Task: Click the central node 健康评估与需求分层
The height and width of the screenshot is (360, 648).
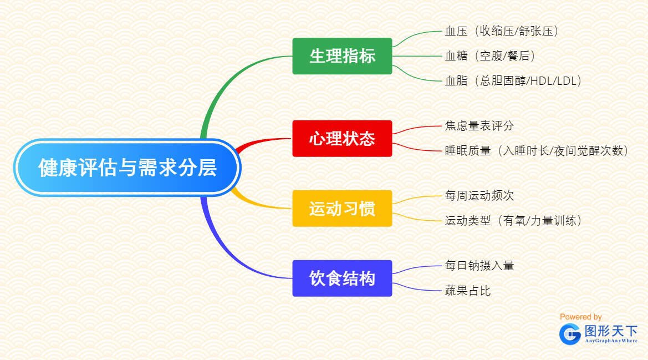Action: [127, 167]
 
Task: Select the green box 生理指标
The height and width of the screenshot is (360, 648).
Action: [342, 56]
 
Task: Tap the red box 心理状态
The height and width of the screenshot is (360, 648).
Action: [342, 138]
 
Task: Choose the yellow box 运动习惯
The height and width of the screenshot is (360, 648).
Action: [342, 209]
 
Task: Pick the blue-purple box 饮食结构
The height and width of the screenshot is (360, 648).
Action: [342, 278]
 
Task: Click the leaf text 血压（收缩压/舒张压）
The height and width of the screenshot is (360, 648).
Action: [502, 31]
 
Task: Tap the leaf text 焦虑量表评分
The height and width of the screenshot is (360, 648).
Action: [479, 126]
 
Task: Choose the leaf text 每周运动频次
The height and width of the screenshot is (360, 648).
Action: [479, 196]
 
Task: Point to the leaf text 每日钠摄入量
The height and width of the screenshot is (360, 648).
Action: [479, 266]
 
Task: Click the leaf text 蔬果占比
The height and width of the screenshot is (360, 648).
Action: [468, 290]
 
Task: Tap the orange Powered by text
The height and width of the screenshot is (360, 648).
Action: [580, 317]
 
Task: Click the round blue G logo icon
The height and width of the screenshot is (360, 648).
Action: [570, 333]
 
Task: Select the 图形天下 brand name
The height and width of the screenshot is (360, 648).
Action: [611, 331]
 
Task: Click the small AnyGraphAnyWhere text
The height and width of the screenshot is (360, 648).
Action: [611, 341]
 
